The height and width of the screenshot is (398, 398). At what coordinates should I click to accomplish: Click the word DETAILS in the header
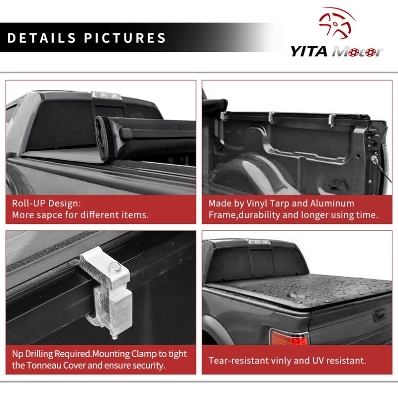(42, 38)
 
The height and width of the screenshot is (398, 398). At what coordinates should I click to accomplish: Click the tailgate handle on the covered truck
(379, 314)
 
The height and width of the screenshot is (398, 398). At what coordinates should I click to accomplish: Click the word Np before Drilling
(17, 354)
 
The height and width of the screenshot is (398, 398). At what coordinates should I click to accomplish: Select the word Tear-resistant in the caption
(239, 360)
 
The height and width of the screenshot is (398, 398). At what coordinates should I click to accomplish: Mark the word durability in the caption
(261, 216)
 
